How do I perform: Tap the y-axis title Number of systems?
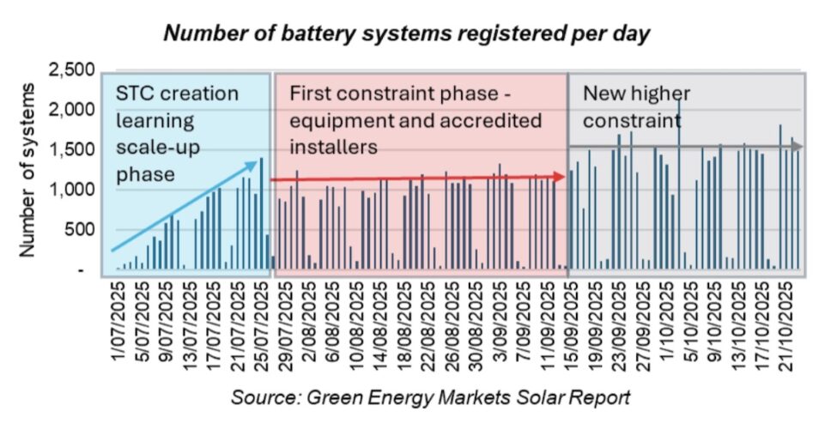[27, 172]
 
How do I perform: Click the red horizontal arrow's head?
[561, 176]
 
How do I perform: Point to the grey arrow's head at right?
[797, 147]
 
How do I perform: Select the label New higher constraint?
[636, 106]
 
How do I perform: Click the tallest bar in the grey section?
[679, 184]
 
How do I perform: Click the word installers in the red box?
[334, 147]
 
